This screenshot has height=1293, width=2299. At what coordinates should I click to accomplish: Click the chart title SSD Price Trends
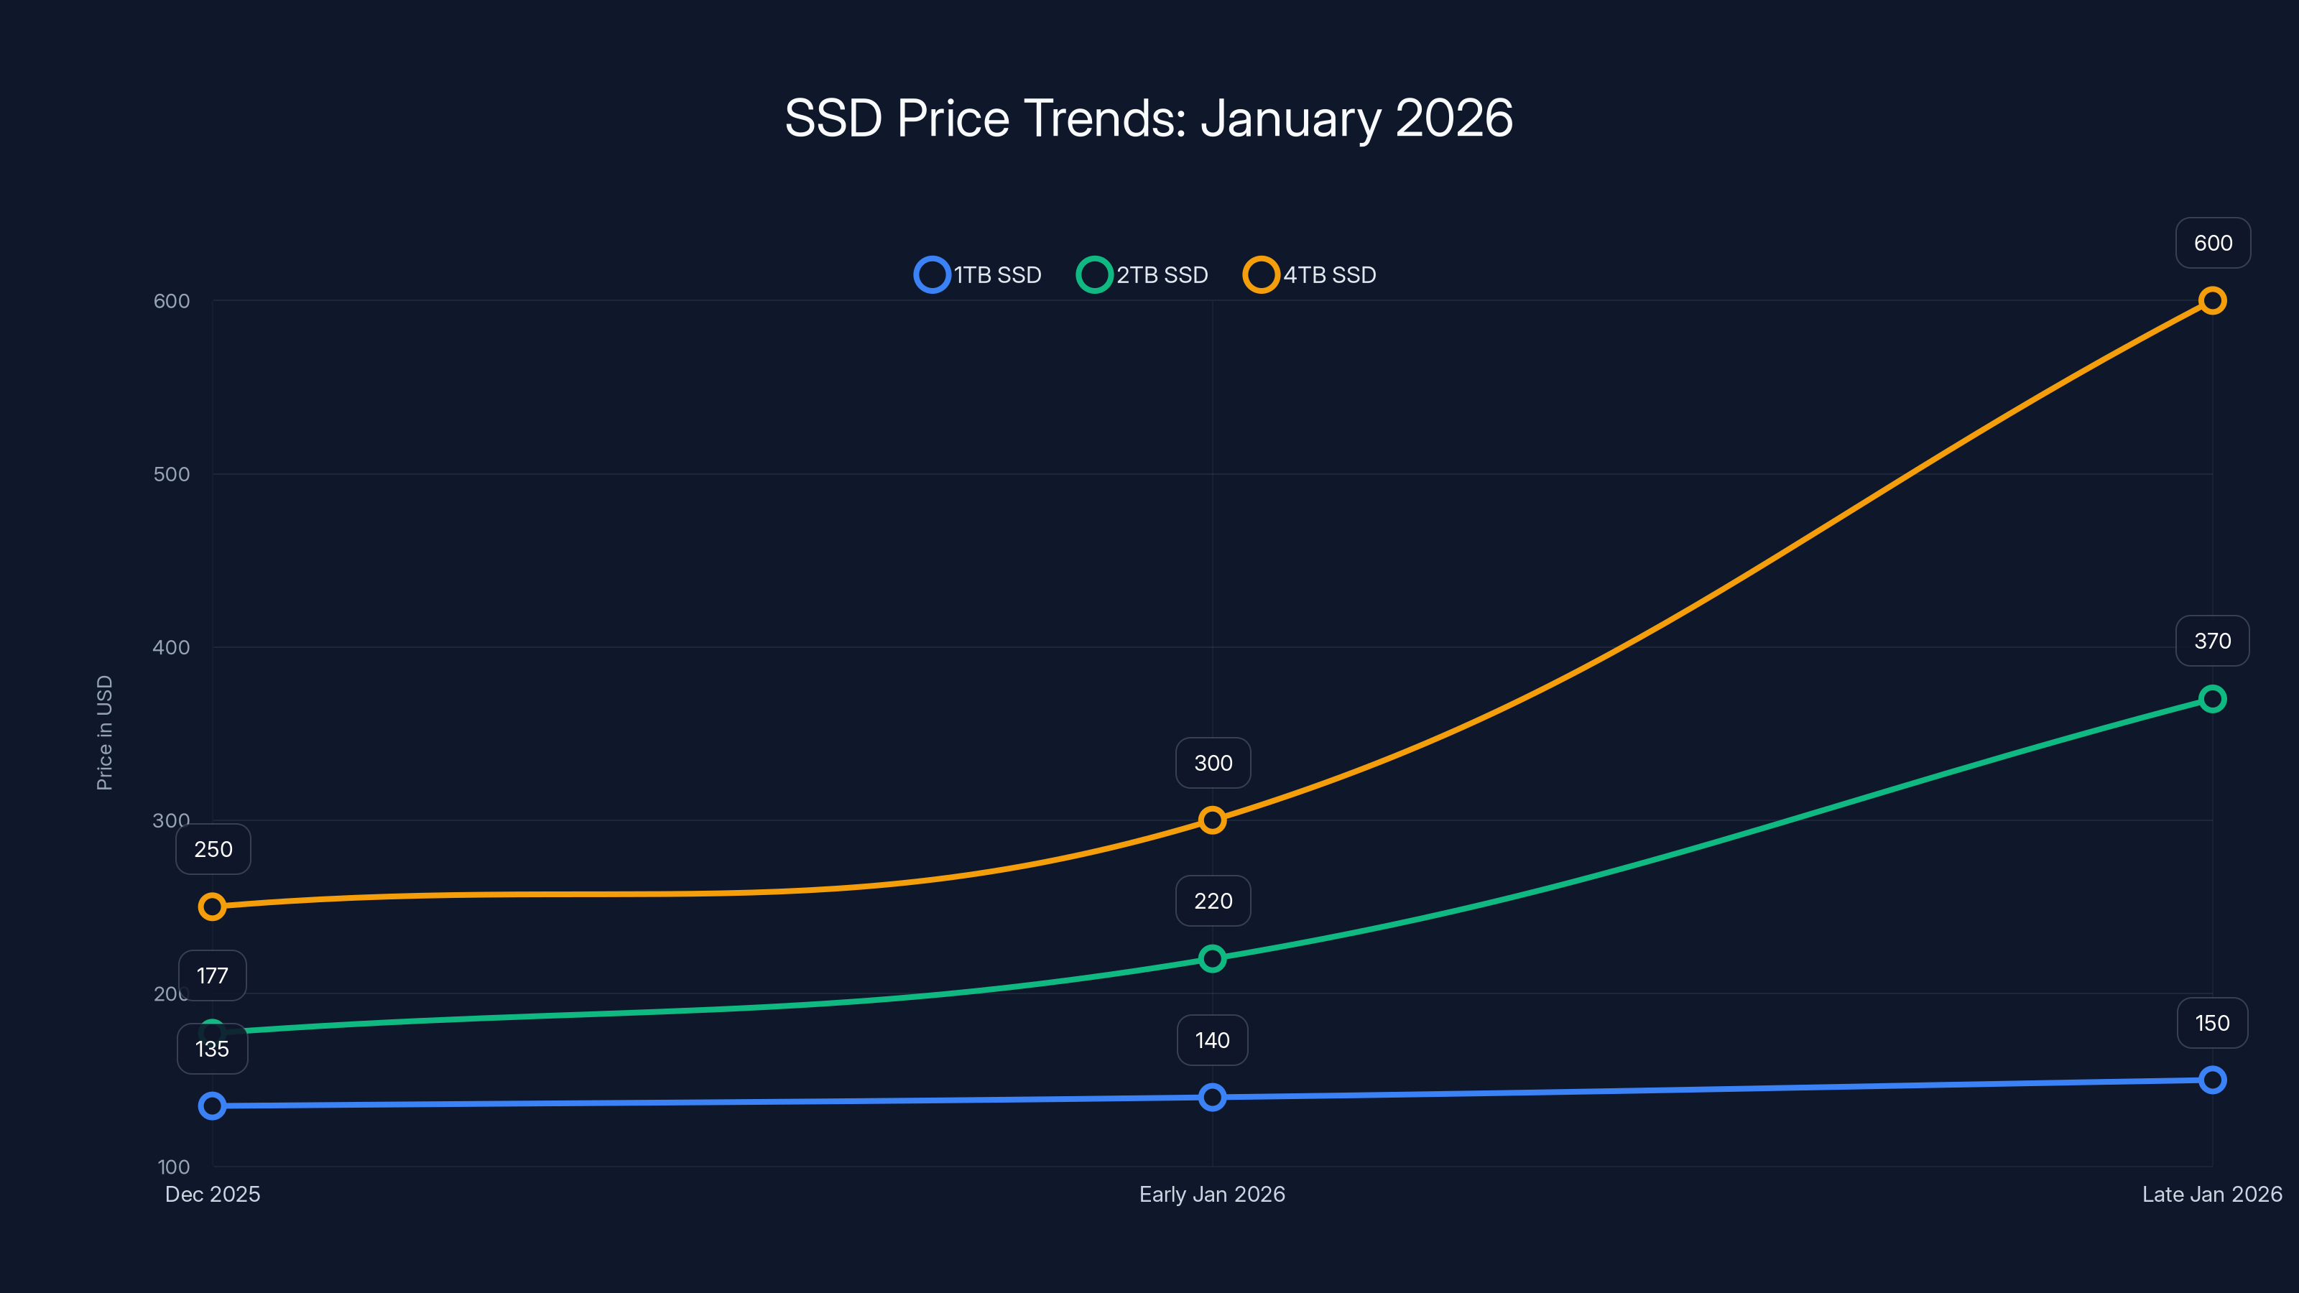tap(1149, 119)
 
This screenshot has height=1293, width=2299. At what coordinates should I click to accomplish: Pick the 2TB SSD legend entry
tap(1143, 275)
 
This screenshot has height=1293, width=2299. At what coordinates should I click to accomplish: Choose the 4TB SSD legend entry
tap(1310, 275)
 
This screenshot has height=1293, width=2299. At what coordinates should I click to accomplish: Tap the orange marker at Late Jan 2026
tap(2211, 301)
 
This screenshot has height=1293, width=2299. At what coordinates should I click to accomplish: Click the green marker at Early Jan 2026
tap(1212, 959)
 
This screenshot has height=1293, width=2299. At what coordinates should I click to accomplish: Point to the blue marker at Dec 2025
tap(213, 1106)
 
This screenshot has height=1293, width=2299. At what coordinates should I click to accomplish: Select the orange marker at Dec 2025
tap(213, 907)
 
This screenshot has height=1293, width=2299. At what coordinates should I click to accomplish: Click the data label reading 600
tap(2213, 243)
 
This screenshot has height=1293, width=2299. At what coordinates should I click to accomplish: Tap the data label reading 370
tap(2211, 641)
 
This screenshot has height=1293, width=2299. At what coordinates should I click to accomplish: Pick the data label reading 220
tap(1213, 902)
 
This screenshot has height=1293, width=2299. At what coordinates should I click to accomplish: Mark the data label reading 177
tap(213, 975)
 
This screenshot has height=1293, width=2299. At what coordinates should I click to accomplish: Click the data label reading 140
tap(1212, 1040)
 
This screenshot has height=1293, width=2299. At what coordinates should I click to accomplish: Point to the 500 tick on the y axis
tap(172, 474)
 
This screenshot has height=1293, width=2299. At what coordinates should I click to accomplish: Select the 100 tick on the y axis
tap(174, 1167)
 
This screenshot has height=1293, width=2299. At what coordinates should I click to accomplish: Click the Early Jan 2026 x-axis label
tap(1212, 1194)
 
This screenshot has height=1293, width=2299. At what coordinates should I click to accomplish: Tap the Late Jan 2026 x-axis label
tap(2211, 1194)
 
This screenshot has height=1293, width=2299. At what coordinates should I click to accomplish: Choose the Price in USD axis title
tap(104, 733)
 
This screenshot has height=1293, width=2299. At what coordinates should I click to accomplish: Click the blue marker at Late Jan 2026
tap(2211, 1080)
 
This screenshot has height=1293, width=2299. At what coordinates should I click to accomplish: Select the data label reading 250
tap(213, 848)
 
